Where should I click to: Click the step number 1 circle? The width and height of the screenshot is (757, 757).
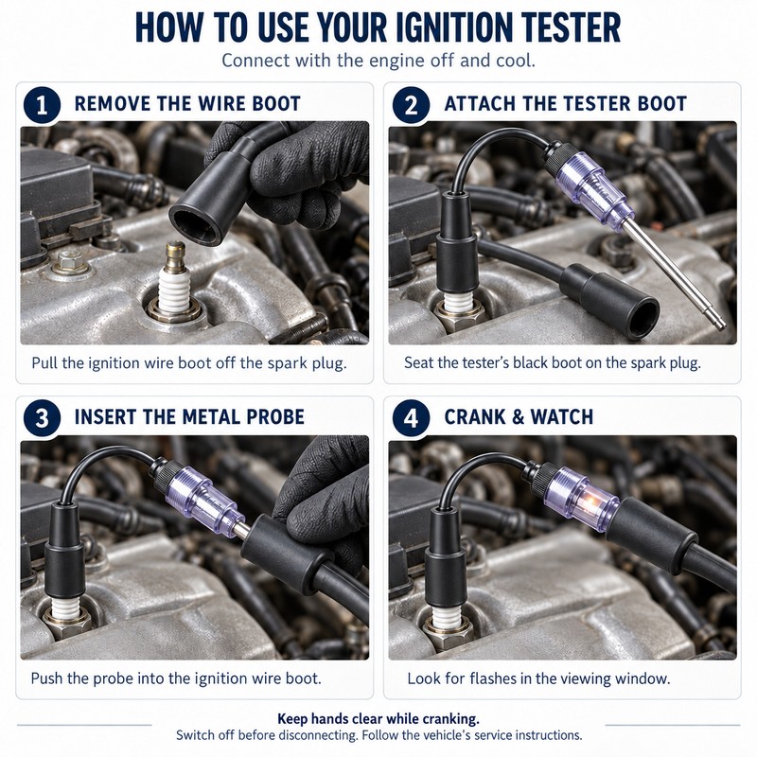click(x=42, y=105)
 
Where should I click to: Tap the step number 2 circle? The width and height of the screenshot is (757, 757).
click(x=411, y=105)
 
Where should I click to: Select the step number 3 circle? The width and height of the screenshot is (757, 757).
click(x=42, y=418)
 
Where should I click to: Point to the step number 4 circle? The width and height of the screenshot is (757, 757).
click(x=411, y=418)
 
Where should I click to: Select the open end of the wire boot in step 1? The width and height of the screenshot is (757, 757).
click(x=196, y=225)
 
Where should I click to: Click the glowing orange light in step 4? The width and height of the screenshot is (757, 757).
click(x=590, y=504)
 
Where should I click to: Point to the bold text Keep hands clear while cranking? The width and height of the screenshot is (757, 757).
click(x=378, y=719)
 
